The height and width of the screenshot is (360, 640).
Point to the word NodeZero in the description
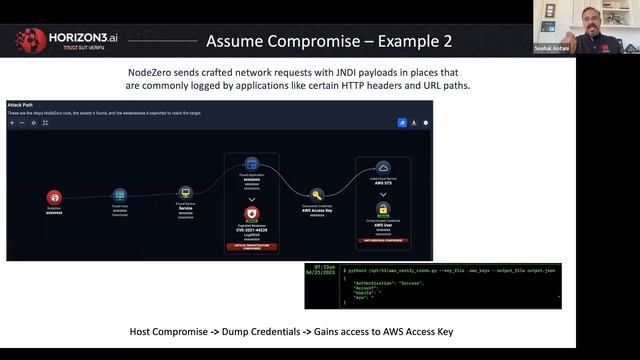tap(160, 72)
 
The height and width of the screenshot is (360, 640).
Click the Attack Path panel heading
tap(21, 104)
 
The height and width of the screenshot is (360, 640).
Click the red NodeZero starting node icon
tap(54, 197)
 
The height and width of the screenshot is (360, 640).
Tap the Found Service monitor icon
tap(185, 192)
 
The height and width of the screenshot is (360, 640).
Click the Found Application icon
tap(252, 164)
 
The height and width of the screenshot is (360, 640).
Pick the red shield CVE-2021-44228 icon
tap(252, 213)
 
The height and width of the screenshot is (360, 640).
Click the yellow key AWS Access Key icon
tap(317, 195)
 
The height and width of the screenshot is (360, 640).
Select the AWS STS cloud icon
tap(383, 168)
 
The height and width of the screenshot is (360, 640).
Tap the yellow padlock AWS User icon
tap(383, 211)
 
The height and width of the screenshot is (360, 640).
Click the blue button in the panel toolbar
tap(402, 122)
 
